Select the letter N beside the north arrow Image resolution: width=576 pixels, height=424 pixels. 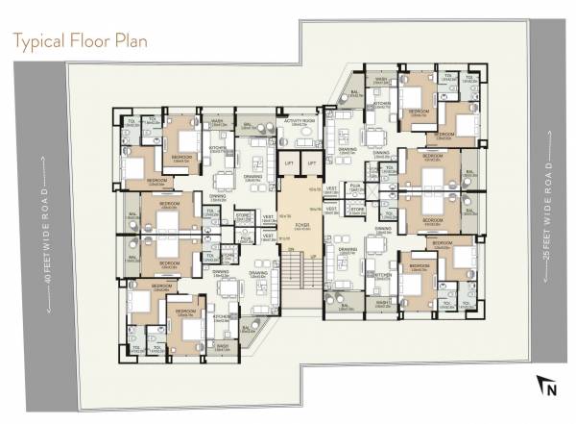pyautogui.click(x=551, y=389)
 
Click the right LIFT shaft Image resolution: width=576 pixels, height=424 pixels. pyautogui.click(x=312, y=164)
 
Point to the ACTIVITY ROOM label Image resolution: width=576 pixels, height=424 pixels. pyautogui.click(x=300, y=122)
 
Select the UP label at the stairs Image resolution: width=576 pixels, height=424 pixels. pyautogui.click(x=312, y=255)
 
